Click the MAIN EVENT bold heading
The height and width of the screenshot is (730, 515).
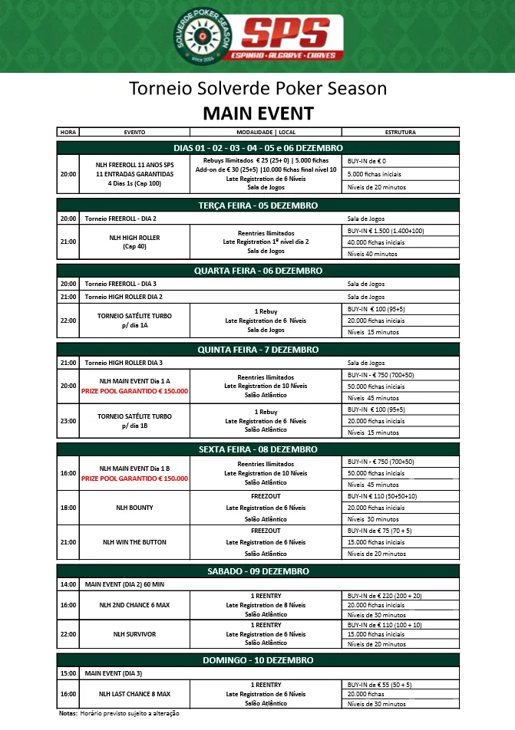pyautogui.click(x=258, y=114)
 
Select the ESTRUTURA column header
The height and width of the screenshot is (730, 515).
pyautogui.click(x=400, y=132)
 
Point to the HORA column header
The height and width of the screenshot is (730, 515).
pyautogui.click(x=68, y=132)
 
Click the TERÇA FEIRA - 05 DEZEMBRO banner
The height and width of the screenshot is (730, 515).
pyautogui.click(x=258, y=206)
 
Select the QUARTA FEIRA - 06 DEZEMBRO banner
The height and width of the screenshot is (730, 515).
pyautogui.click(x=258, y=271)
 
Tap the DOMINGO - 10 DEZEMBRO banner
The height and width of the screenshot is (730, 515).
pyautogui.click(x=258, y=660)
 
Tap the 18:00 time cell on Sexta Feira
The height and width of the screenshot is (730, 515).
pyautogui.click(x=68, y=508)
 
